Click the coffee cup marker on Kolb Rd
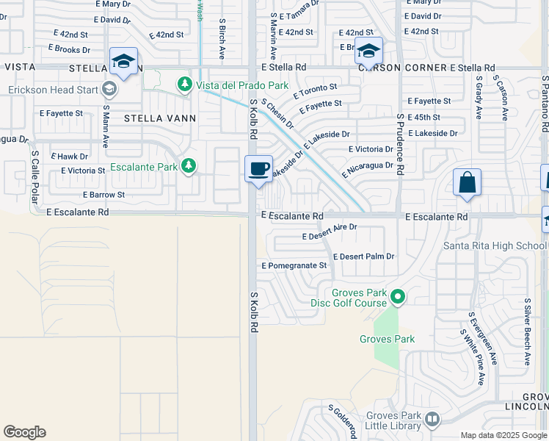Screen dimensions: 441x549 click(258, 169)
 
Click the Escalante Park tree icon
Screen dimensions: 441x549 click(189, 166)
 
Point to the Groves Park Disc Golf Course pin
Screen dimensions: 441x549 click(398, 297)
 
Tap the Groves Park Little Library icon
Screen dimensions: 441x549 click(432, 420)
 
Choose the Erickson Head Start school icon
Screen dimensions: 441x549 click(109, 90)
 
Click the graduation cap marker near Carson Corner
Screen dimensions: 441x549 click(368, 51)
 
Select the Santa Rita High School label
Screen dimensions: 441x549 click(495, 245)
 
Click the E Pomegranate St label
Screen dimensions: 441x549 click(294, 265)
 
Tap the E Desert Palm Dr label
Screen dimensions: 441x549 click(363, 257)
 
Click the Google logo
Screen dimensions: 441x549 click(24, 432)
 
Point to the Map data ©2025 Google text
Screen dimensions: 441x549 click(503, 435)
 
